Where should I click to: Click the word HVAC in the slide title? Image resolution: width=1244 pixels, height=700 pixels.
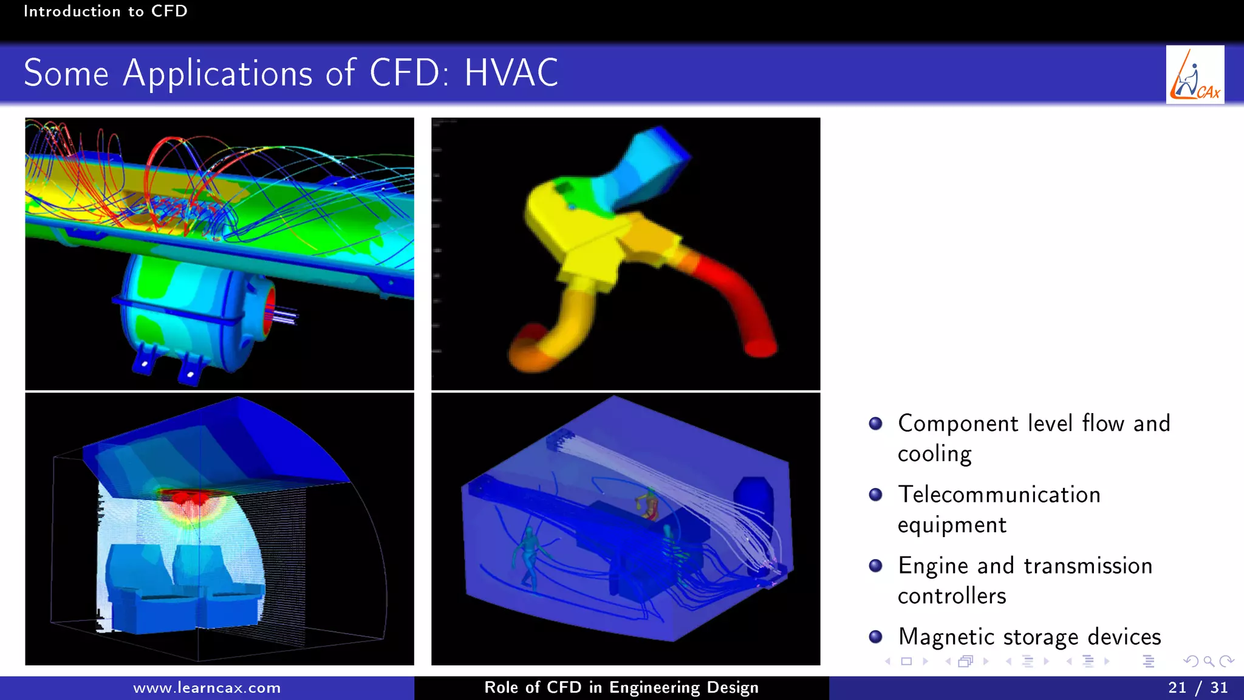511,74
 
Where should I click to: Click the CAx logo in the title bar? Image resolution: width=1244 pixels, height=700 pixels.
1195,75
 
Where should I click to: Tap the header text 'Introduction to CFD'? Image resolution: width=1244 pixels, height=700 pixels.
106,11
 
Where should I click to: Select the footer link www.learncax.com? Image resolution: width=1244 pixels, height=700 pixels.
207,688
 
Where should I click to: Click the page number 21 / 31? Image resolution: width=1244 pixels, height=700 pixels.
1197,688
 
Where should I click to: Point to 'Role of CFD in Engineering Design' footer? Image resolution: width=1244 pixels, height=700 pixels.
621,688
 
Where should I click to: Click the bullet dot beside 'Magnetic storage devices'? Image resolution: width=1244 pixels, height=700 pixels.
875,636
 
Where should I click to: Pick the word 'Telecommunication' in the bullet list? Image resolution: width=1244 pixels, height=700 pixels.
999,495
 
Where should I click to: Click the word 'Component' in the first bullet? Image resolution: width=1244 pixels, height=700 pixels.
958,424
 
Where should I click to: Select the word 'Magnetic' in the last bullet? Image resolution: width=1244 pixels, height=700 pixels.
946,637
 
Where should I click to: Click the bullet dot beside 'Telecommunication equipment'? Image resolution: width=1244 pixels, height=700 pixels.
875,495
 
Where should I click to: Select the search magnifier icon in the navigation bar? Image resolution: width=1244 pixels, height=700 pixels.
1209,662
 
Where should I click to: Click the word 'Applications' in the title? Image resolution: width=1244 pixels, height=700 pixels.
217,74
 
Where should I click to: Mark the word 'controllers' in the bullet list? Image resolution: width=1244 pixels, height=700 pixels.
952,596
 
